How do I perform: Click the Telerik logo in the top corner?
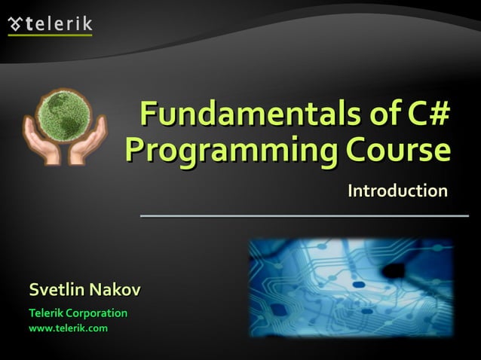(51, 24)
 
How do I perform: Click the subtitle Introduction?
(397, 191)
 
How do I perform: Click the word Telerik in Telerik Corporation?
(47, 313)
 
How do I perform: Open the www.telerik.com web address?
(68, 328)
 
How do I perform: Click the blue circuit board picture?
(351, 288)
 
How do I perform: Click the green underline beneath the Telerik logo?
(51, 35)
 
